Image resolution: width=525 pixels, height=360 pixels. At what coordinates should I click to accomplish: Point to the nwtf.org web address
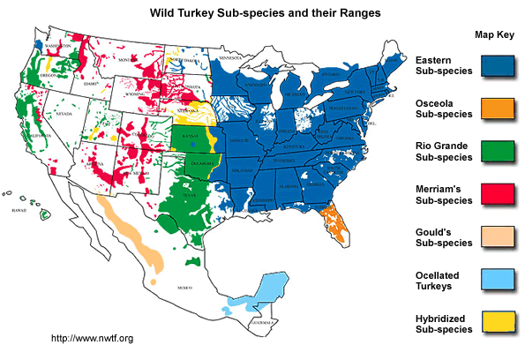tap(92, 338)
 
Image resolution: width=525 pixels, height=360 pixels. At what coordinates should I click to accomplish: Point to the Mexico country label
tap(183, 289)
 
